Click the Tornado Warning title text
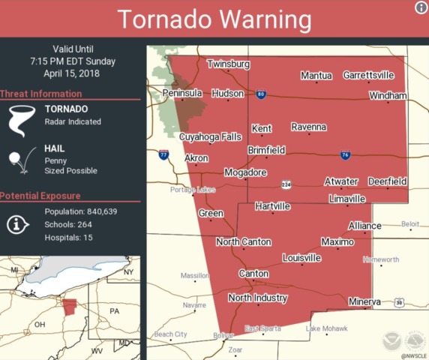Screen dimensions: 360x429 [214, 19]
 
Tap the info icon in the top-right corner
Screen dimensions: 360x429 [421, 7]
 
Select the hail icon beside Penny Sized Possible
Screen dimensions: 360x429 [19, 160]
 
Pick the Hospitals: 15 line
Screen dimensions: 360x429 [72, 237]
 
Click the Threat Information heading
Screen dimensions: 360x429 [41, 94]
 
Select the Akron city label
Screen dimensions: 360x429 [196, 158]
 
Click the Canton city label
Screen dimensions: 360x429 [253, 274]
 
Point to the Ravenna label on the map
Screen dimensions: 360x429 [308, 127]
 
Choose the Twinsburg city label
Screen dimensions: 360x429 [228, 64]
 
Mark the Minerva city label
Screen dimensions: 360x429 [364, 301]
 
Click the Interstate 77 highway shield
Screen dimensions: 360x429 [163, 155]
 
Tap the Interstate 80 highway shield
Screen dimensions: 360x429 [260, 94]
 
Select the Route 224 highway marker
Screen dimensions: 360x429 [286, 184]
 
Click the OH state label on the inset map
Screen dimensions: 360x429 [39, 325]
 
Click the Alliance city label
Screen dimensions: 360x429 [364, 226]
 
